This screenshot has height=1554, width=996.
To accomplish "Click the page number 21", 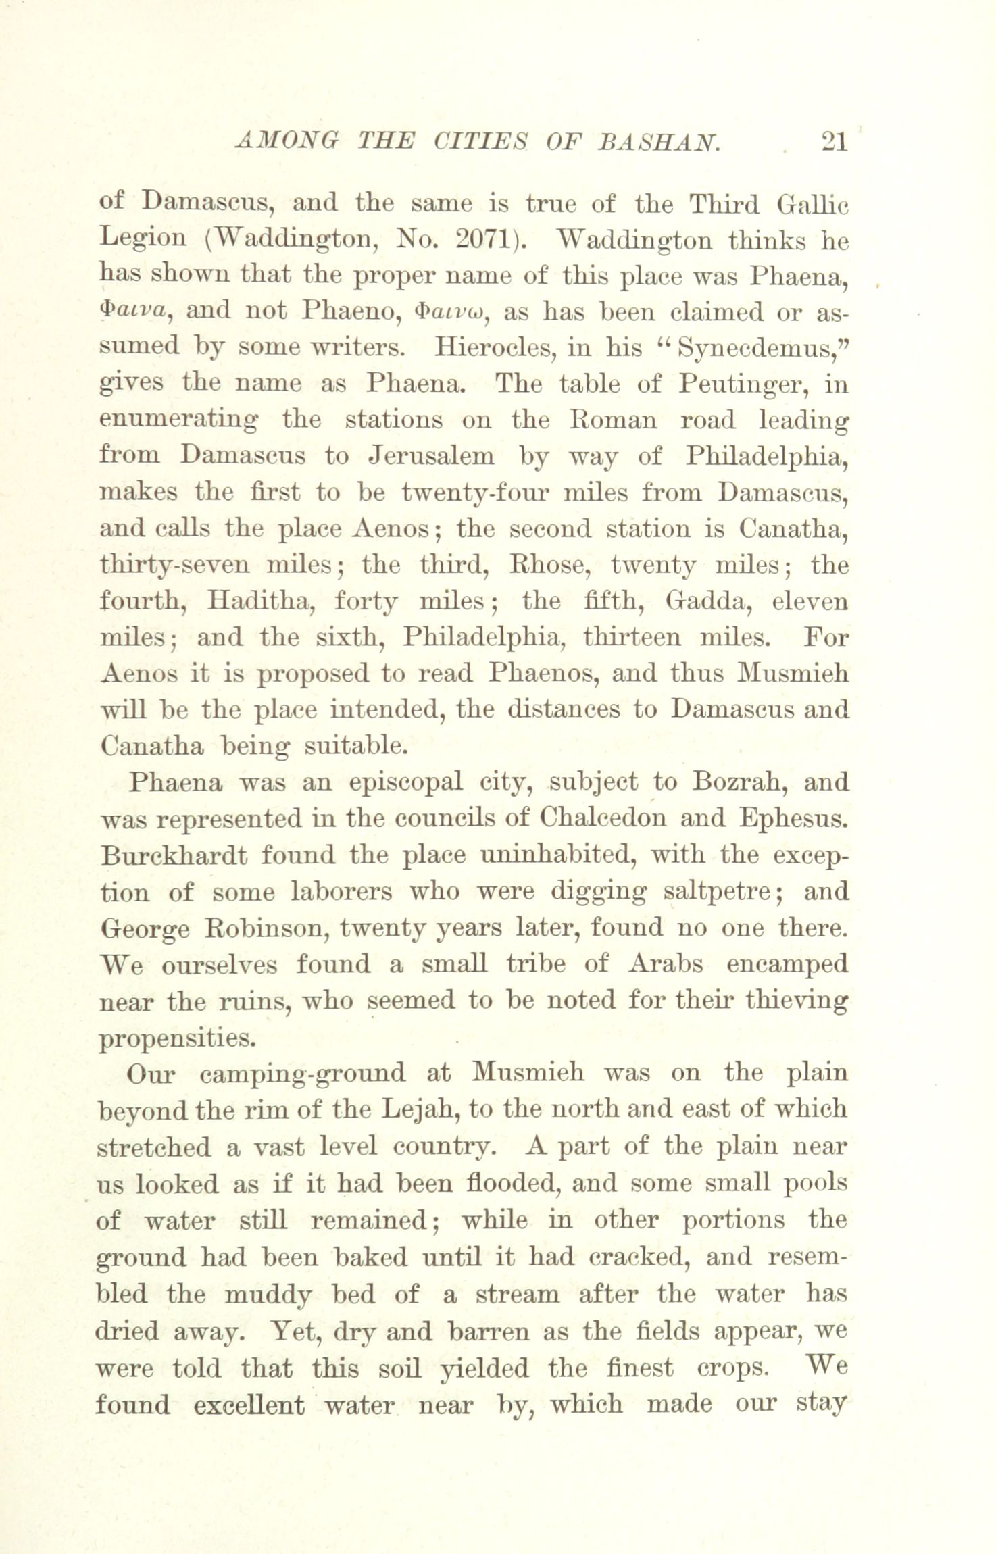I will [834, 143].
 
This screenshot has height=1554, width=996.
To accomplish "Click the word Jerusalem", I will [431, 456].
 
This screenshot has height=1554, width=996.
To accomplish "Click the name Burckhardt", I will [173, 855].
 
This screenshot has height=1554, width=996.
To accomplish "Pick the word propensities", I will [177, 1038].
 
